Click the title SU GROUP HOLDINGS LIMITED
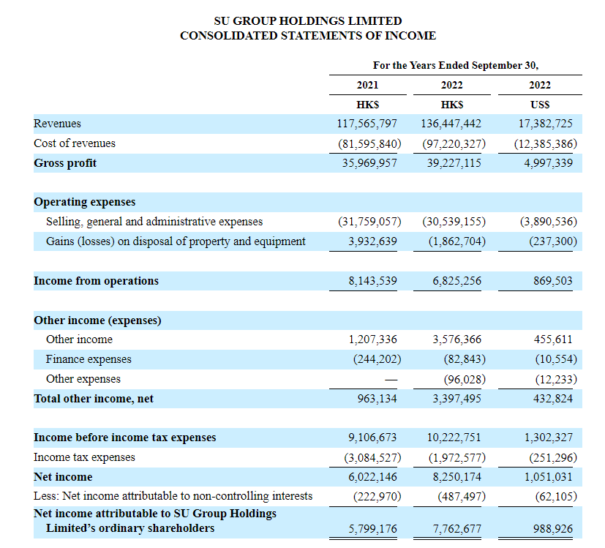click(308, 20)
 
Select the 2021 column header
click(367, 85)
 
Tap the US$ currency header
click(540, 105)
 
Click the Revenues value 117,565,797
click(367, 124)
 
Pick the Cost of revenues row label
click(75, 143)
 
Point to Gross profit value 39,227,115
click(454, 163)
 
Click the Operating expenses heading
click(85, 202)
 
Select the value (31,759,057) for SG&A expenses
click(369, 222)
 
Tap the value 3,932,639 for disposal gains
click(372, 241)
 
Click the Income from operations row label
click(96, 280)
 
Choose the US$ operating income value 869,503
click(553, 280)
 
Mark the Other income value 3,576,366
click(456, 339)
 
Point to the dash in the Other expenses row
click(391, 380)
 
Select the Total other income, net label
click(94, 398)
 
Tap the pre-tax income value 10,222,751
click(454, 438)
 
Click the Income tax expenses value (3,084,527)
click(372, 457)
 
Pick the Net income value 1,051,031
click(548, 476)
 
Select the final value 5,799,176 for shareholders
click(372, 529)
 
